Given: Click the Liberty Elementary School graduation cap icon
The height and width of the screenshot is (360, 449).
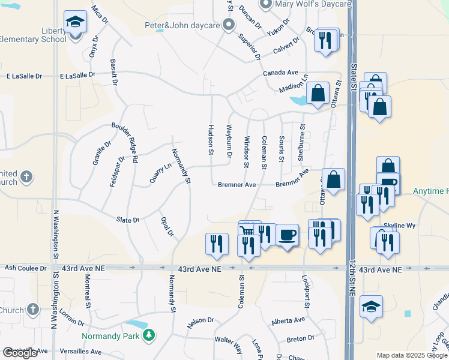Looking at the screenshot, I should [75, 23].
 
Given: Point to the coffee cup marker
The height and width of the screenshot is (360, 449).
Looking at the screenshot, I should [286, 235].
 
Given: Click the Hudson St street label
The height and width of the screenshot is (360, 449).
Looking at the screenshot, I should [211, 140].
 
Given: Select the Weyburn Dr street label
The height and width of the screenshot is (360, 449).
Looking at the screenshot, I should [229, 142].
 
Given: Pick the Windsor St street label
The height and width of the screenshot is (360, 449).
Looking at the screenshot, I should [246, 151].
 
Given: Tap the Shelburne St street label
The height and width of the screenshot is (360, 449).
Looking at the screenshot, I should [301, 142].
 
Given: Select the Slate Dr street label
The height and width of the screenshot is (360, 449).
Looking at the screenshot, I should [128, 220].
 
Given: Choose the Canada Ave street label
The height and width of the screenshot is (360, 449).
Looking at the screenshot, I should [280, 73].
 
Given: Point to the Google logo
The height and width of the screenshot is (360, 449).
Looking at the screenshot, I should [20, 353].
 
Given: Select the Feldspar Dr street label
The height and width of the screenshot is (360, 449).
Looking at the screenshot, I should [116, 172].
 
